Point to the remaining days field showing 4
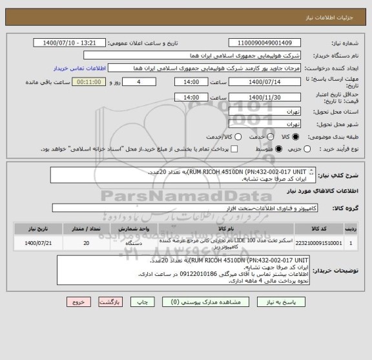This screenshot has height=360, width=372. tap(140, 83)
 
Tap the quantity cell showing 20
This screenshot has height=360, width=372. tap(87, 244)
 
